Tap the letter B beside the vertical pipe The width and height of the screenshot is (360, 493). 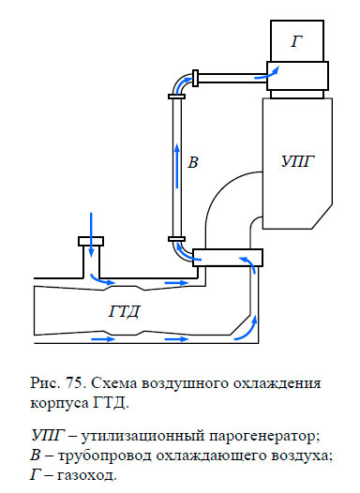(193, 162)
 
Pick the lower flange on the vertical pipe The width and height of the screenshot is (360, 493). (174, 240)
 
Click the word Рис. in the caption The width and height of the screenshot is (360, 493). (47, 383)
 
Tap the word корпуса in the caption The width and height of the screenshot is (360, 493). (60, 404)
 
